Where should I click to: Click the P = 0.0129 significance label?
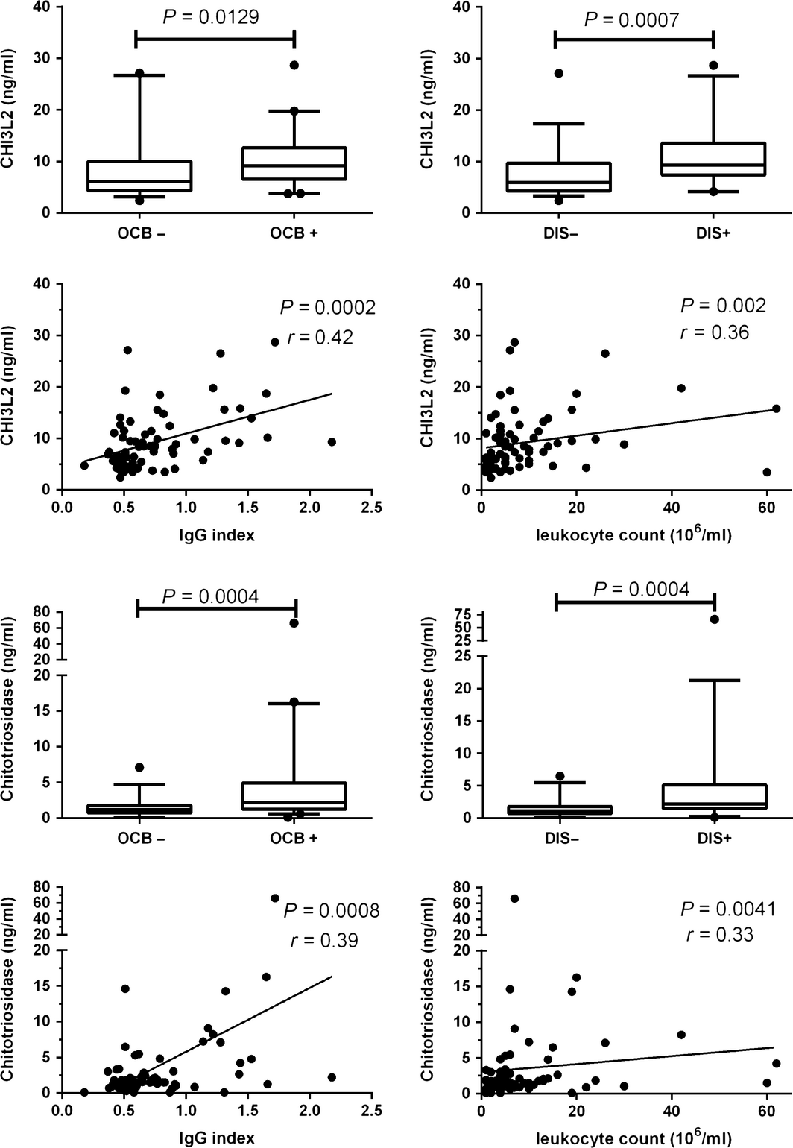tap(210, 17)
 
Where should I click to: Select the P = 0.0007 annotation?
tap(631, 19)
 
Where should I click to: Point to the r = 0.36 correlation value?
tap(715, 332)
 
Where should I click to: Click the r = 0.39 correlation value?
tap(324, 940)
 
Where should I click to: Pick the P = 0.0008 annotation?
tap(330, 910)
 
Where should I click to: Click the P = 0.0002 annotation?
tap(327, 307)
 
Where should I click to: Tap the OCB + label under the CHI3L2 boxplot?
tap(294, 233)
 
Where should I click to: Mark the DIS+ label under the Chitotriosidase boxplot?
tap(713, 838)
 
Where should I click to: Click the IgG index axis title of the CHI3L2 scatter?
tap(216, 534)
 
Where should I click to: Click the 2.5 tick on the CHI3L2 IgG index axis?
tap(370, 508)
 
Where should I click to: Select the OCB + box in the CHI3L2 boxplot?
tap(294, 163)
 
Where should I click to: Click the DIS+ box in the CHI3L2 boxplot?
tap(713, 159)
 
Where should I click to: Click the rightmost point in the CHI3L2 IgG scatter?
tap(332, 442)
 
